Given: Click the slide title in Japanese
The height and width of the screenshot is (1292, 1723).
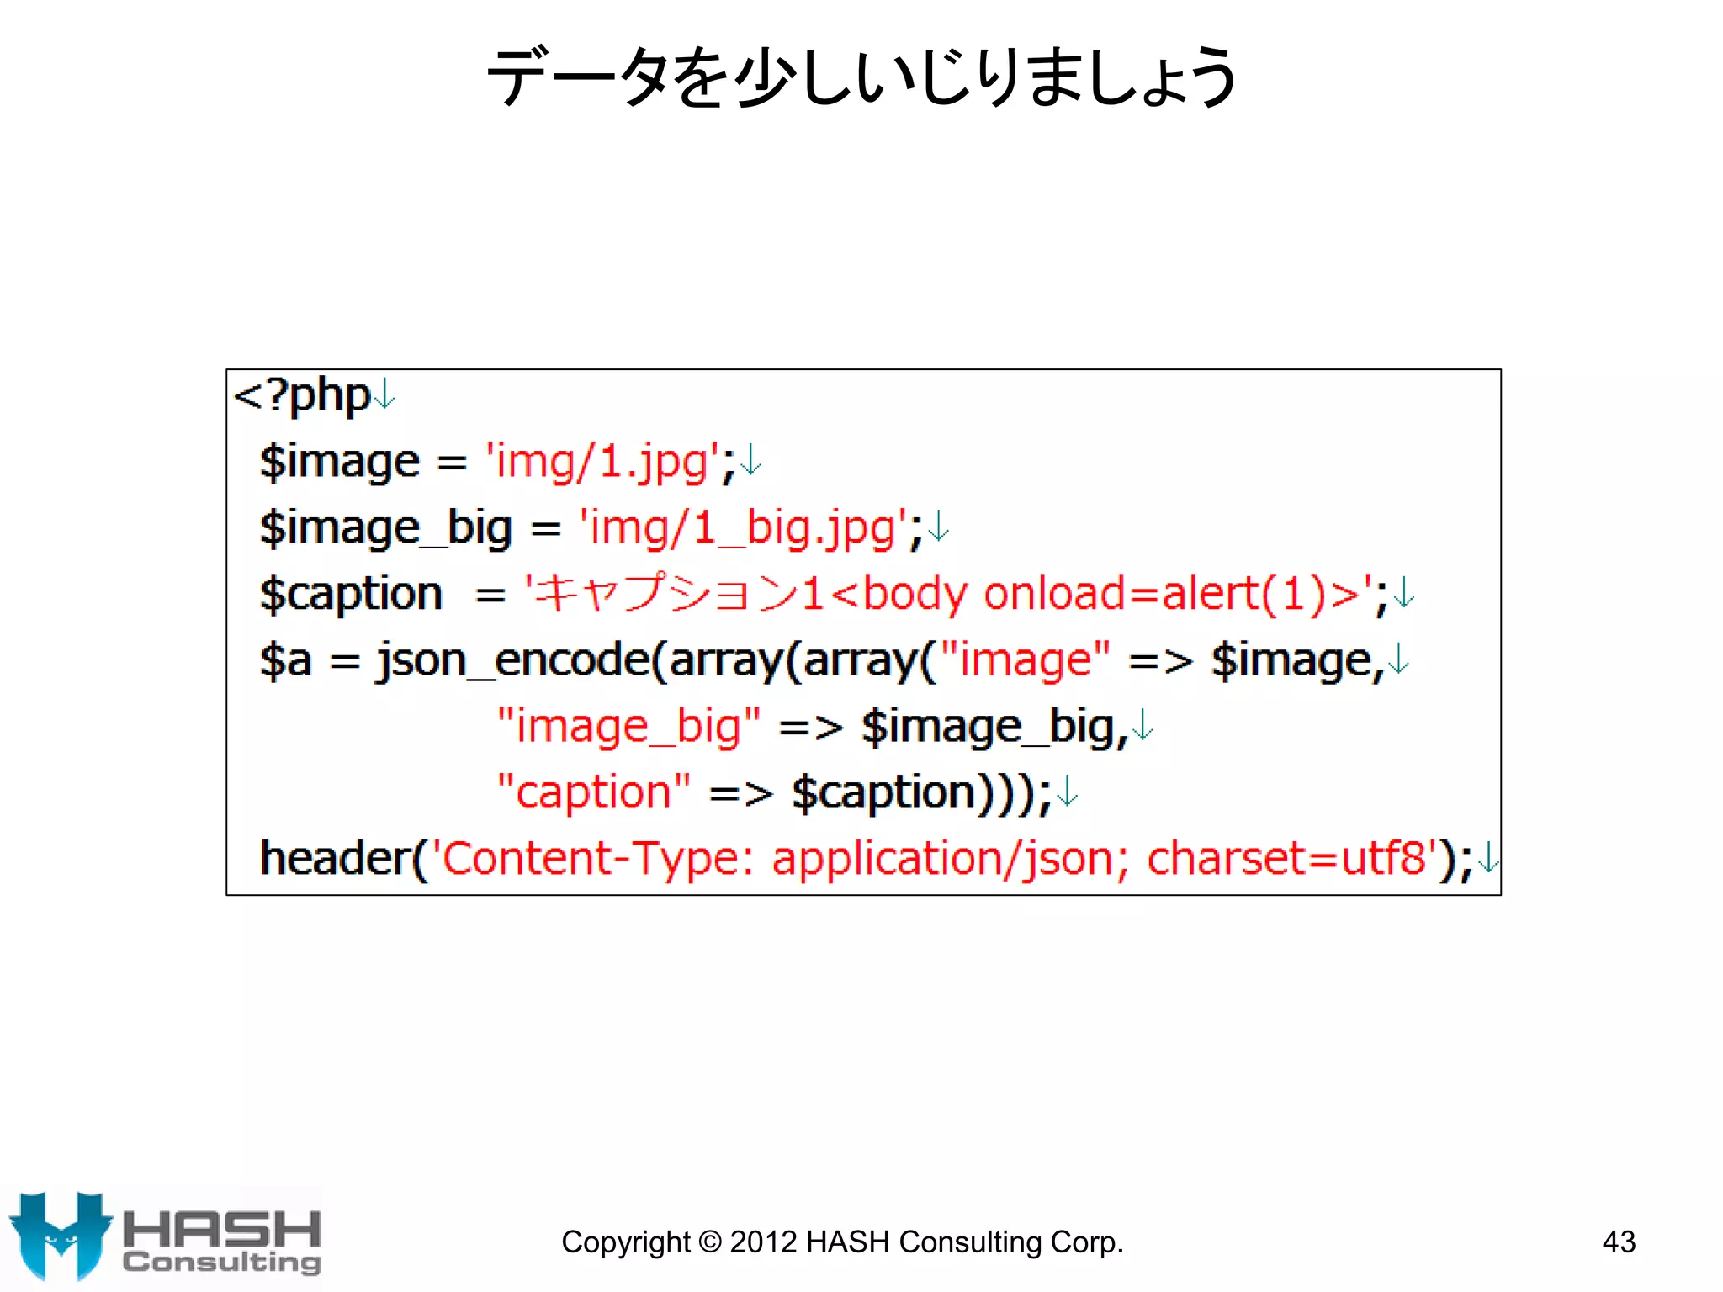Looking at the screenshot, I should coord(861,77).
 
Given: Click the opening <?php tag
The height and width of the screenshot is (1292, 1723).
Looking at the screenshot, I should coord(302,395).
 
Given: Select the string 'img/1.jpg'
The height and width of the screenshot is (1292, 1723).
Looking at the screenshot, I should coord(602,462).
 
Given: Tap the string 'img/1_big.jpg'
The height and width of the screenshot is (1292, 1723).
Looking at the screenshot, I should coord(743,528).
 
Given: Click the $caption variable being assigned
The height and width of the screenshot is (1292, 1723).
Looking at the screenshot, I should coord(351,594).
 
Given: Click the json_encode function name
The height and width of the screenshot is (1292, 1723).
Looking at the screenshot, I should coord(513,660).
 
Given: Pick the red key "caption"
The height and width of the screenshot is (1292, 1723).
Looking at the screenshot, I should coord(593,792).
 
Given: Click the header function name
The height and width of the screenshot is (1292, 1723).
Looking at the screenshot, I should coord(334,859).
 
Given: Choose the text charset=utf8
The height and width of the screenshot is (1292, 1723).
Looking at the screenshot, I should coord(1286,859).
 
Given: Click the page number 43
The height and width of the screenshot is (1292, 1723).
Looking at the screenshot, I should coord(1619,1242).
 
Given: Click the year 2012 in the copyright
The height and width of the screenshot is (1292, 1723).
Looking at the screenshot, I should coord(761,1242).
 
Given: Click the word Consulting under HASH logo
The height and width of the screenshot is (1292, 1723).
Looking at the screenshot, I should coord(222,1263).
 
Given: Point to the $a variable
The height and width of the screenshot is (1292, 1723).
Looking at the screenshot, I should coord(285,660).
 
